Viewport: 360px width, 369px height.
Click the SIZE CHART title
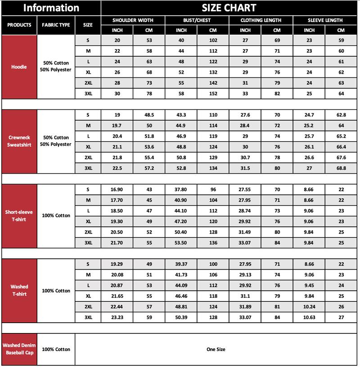pos(229,8)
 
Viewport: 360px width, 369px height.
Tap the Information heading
pos(51,8)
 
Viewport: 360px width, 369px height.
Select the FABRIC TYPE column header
pos(56,25)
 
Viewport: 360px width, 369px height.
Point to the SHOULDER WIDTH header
pos(133,20)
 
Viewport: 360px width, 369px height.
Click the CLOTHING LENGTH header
pos(261,20)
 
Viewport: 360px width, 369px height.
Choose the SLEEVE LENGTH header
pos(325,20)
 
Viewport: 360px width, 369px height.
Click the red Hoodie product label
pos(19,67)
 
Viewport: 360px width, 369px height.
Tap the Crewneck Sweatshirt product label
pos(19,141)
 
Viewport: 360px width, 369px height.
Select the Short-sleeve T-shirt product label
pos(19,216)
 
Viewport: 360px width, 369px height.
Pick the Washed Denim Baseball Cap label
pos(19,349)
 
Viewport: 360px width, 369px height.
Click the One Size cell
pos(216,349)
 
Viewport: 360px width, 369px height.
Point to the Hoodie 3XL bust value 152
pos(213,94)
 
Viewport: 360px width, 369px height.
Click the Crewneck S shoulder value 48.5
pos(149,115)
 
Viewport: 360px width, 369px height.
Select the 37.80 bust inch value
pos(181,189)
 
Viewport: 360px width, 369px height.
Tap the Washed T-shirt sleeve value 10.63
pos(309,317)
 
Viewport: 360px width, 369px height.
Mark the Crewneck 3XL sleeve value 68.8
pos(341,168)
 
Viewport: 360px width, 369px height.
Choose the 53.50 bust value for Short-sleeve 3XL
pos(181,243)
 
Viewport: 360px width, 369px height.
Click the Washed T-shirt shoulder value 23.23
pos(117,317)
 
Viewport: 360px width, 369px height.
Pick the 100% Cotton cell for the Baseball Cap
pos(56,349)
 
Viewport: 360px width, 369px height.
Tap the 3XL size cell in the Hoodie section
pos(88,94)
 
